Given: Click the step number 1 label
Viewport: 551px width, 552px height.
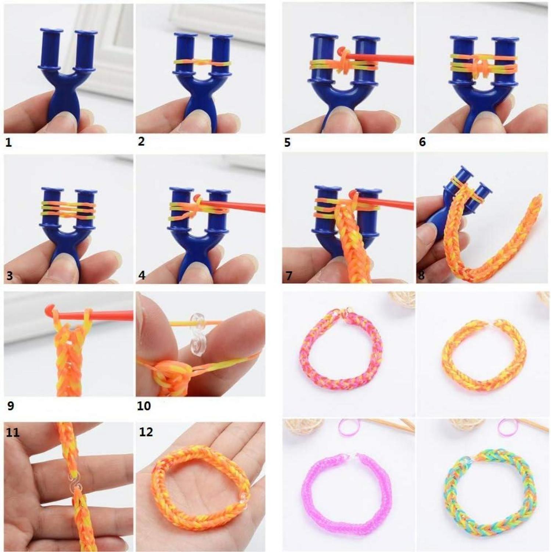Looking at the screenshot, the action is point(8,143).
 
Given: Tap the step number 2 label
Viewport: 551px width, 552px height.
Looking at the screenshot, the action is point(141,141).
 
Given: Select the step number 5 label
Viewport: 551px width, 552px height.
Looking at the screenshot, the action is point(287,143).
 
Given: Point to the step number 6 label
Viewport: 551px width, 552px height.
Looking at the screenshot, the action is point(422,142).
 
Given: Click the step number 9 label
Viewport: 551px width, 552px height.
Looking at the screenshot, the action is point(10,406).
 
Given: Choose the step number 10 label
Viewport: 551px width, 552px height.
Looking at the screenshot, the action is point(144,406).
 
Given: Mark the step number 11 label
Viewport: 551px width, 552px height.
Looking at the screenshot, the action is point(12,432).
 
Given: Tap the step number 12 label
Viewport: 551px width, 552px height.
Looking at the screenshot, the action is point(146,432).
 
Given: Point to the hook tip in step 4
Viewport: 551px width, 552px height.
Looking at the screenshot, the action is point(197,198).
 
